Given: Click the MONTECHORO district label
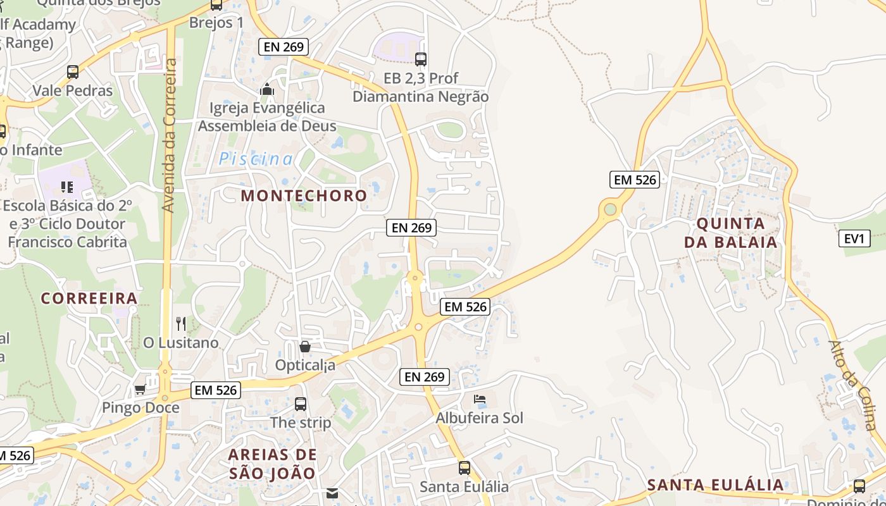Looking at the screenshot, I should click(x=304, y=195).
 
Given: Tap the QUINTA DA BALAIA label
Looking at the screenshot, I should click(x=731, y=233).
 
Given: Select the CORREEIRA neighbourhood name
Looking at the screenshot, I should click(x=89, y=299).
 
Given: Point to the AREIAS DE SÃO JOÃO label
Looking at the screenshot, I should click(x=272, y=464).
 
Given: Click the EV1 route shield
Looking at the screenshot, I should click(x=854, y=238).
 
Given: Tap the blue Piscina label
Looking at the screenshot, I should click(x=256, y=159).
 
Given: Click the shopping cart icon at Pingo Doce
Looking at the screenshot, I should click(x=140, y=389).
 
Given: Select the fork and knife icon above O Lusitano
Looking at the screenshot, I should click(x=181, y=324).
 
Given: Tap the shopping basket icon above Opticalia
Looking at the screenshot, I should click(x=305, y=347).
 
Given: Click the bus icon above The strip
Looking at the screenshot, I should click(x=301, y=404).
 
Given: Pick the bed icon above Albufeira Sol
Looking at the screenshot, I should click(x=480, y=399).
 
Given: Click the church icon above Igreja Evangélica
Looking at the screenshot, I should click(x=267, y=89).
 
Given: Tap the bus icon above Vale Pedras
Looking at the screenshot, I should click(x=73, y=72).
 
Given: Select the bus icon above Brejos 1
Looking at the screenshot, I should click(x=216, y=5).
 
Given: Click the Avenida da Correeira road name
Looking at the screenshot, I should click(x=169, y=135).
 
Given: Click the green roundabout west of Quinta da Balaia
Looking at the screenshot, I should click(x=610, y=209).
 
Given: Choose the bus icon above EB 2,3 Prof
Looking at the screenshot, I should click(x=421, y=59).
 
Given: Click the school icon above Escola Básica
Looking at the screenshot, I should click(x=67, y=187).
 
